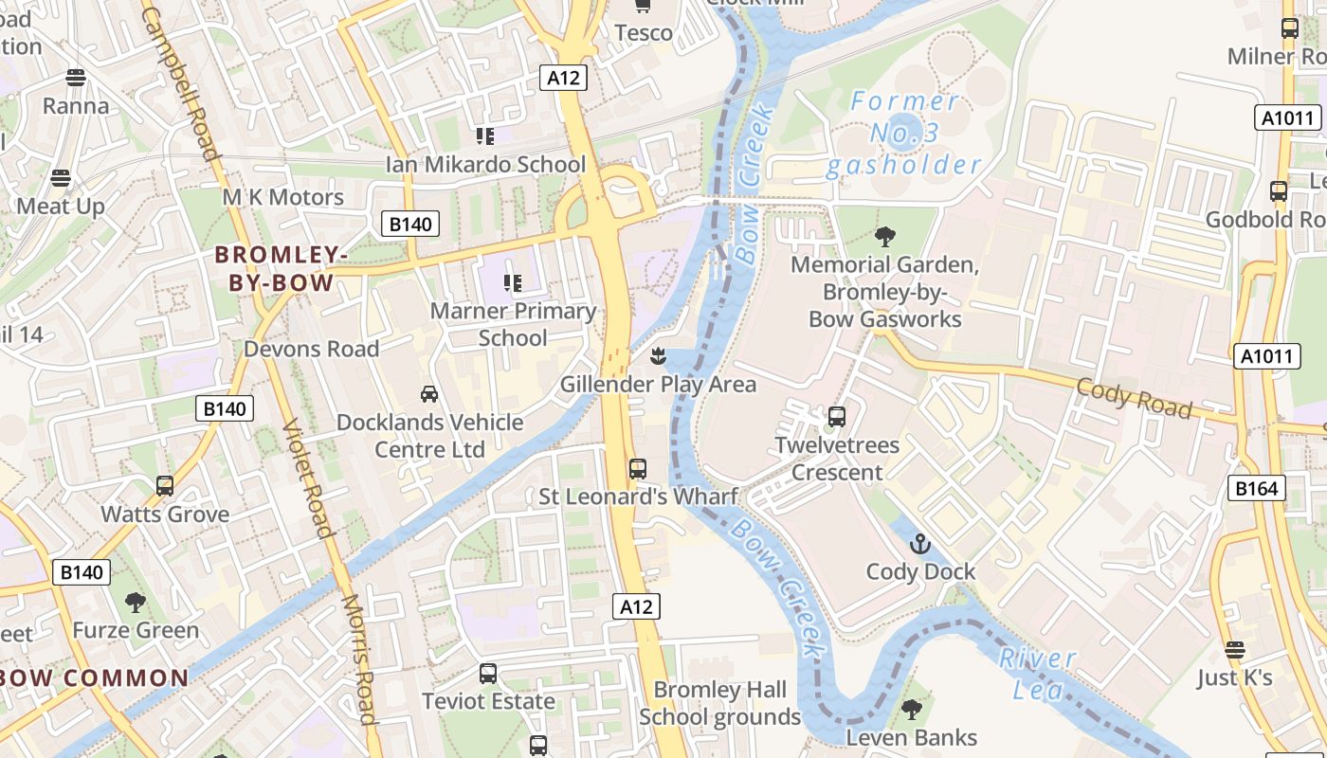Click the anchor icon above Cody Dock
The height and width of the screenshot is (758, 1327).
pyautogui.click(x=919, y=544)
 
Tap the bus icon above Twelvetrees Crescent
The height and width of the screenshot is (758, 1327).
pyautogui.click(x=836, y=416)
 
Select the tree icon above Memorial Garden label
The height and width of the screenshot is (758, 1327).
pyautogui.click(x=885, y=236)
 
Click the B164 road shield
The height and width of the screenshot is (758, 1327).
pyautogui.click(x=1257, y=488)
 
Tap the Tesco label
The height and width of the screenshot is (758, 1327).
pyautogui.click(x=644, y=33)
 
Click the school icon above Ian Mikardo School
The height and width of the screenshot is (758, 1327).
pyautogui.click(x=485, y=136)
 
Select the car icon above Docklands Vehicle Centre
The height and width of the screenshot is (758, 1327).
pyautogui.click(x=429, y=393)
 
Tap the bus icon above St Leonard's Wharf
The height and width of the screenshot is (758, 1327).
pyautogui.click(x=638, y=468)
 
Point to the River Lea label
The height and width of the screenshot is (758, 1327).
pyautogui.click(x=1036, y=673)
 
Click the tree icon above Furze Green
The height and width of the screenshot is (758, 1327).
pyautogui.click(x=136, y=602)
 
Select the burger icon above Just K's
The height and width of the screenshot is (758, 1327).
pyautogui.click(x=1234, y=650)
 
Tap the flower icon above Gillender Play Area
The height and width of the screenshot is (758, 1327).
pyautogui.click(x=658, y=356)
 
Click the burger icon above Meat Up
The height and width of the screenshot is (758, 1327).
pyautogui.click(x=61, y=178)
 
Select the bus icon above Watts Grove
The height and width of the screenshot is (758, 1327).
pyautogui.click(x=165, y=486)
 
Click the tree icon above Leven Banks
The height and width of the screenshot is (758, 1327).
pyautogui.click(x=911, y=709)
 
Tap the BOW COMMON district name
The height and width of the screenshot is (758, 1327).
pyautogui.click(x=95, y=677)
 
